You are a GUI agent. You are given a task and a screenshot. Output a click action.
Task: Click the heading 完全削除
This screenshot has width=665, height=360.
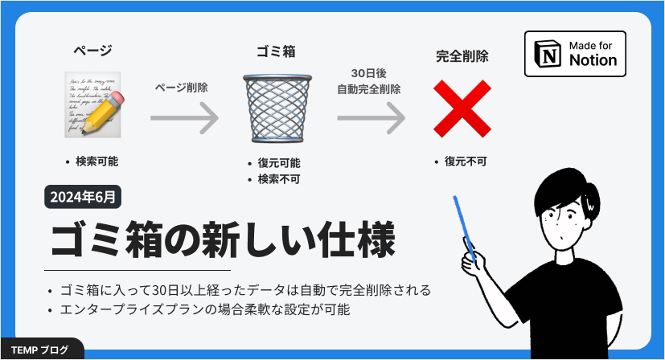[462, 57]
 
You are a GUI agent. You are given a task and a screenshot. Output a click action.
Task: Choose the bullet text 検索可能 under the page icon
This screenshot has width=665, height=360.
[96, 162]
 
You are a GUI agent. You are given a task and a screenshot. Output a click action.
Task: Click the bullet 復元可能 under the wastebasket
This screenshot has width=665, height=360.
[279, 163]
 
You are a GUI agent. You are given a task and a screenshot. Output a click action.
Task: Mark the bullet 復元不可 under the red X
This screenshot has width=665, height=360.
[466, 162]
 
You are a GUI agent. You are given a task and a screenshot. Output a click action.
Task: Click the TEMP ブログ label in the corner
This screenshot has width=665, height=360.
[40, 350]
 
